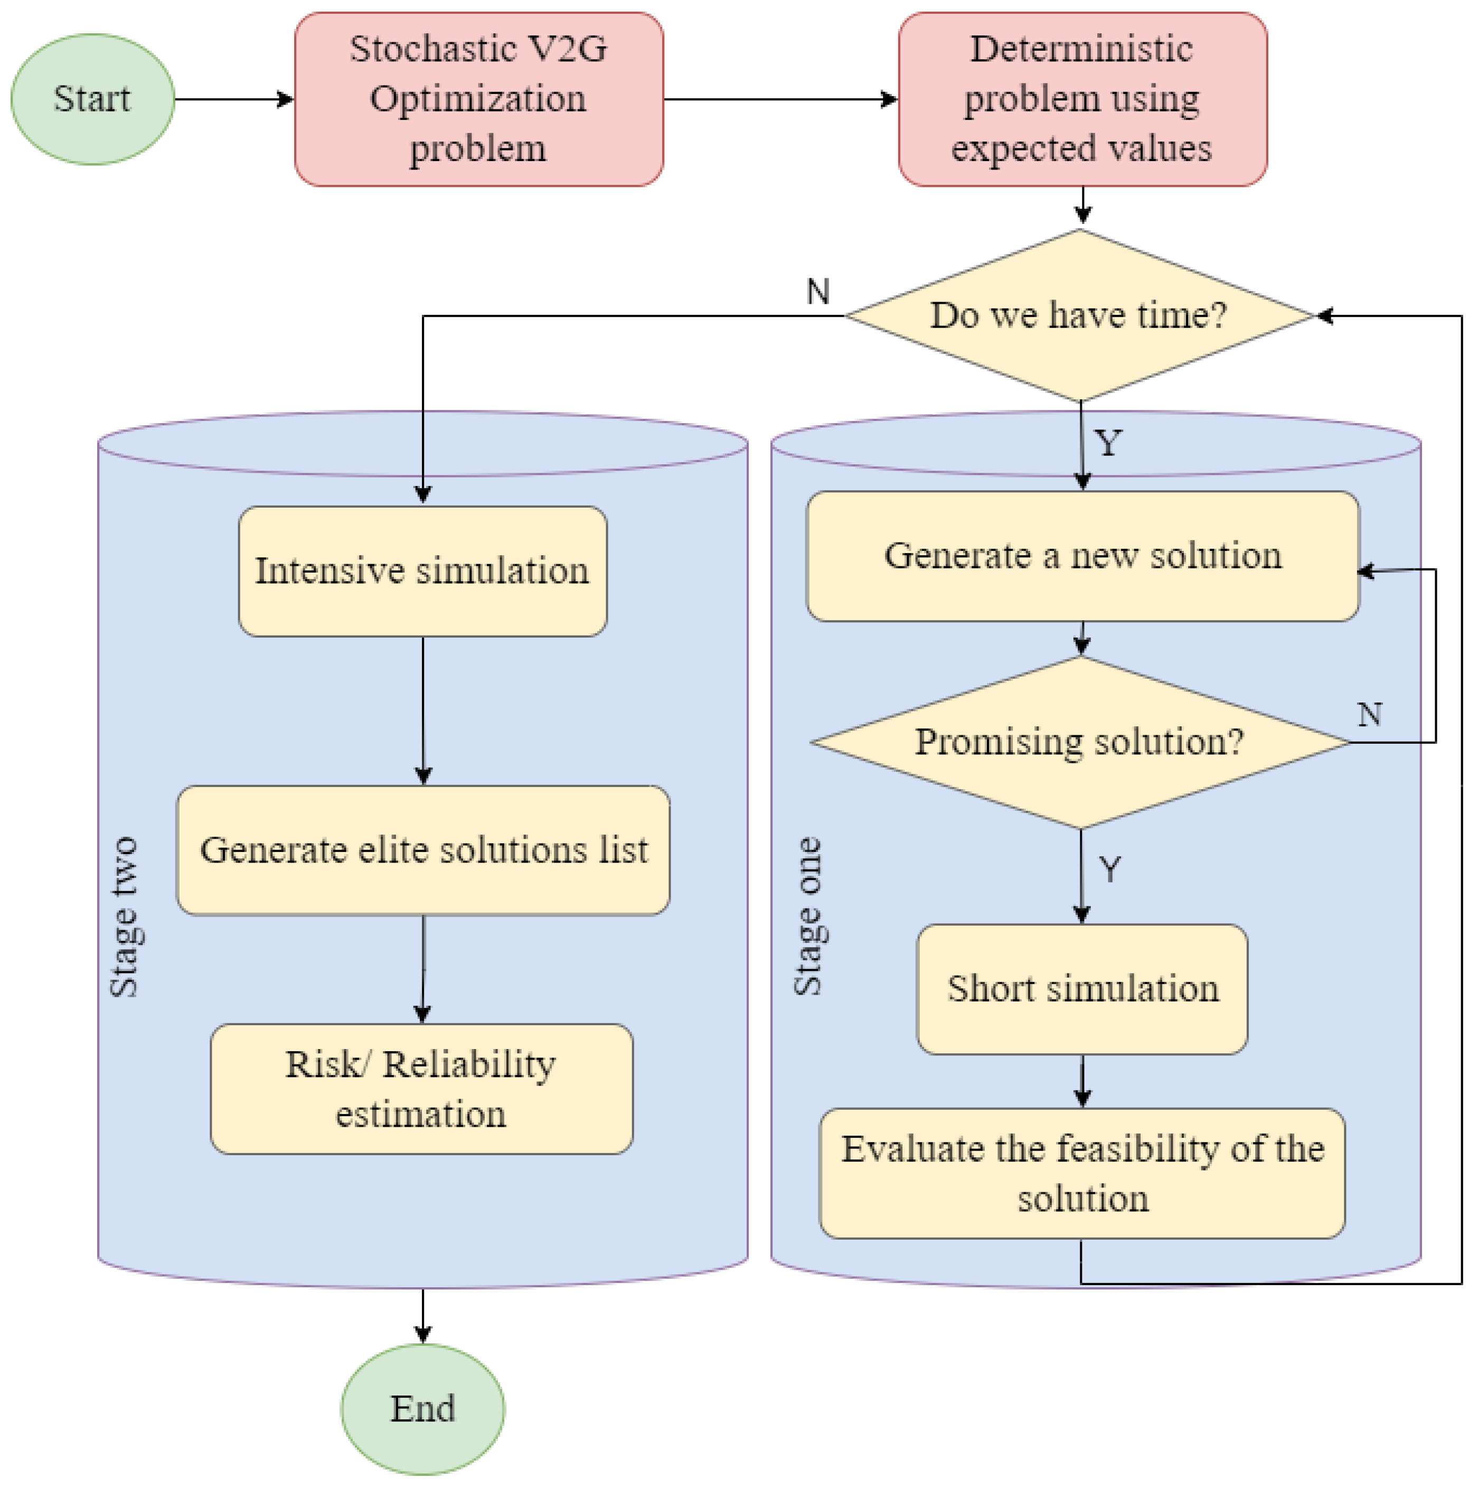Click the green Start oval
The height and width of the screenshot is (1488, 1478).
tap(92, 99)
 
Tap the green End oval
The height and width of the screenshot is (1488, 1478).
tap(422, 1409)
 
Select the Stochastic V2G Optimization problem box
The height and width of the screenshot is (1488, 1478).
tap(479, 99)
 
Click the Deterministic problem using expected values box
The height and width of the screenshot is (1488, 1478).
tap(1082, 99)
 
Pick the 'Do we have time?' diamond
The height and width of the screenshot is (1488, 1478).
tap(1079, 315)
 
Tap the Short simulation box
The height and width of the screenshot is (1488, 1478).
tap(1082, 989)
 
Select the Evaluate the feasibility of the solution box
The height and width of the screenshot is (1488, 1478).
tap(1082, 1173)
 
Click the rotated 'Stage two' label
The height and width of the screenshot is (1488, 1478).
tap(123, 916)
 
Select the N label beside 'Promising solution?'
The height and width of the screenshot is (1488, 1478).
tap(1369, 715)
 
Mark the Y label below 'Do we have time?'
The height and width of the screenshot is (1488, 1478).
tap(1108, 443)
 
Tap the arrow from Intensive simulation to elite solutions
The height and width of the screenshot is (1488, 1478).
tap(422, 708)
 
